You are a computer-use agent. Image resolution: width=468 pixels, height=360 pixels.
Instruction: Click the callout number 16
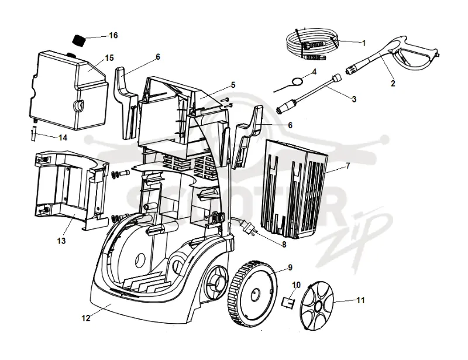coord(113,35)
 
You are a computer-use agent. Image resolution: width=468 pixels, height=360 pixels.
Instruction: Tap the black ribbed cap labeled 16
coord(79,40)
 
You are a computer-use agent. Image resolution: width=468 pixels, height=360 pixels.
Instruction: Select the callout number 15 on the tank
coord(109,58)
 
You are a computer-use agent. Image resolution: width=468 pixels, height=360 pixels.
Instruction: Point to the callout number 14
coord(63,138)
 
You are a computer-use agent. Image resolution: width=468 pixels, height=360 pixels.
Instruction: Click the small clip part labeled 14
coord(34,133)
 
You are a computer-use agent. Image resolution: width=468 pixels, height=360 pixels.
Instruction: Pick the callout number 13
coord(61,241)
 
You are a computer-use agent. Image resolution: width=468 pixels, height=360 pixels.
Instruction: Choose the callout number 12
coord(86,318)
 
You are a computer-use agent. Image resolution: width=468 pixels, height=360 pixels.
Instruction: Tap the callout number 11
coord(361,300)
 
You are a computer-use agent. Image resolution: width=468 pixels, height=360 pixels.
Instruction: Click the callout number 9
coord(290,268)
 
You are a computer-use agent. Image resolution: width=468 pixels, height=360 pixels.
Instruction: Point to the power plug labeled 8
coord(246,228)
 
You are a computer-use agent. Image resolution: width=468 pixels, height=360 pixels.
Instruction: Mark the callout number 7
coord(348,166)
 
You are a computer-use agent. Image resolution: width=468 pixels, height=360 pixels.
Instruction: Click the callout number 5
coord(233,85)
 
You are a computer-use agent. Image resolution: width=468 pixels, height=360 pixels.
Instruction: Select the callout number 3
coord(354,99)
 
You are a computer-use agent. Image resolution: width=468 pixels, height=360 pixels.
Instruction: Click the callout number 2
coord(393,83)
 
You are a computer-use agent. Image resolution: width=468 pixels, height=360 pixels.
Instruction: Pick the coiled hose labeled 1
coord(312,44)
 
